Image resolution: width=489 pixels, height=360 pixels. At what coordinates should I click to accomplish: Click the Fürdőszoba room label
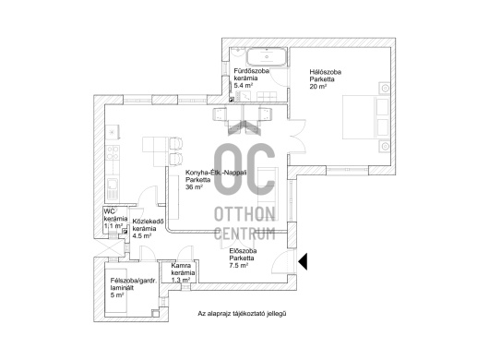coord(251,71)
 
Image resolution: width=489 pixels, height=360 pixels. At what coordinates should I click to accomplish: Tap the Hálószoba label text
coord(326,72)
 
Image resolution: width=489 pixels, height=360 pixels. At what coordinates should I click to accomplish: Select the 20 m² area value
coord(318,87)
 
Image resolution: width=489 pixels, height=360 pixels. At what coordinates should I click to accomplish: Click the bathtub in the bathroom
coord(267,57)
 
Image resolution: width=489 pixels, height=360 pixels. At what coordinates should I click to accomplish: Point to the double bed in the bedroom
coord(366,117)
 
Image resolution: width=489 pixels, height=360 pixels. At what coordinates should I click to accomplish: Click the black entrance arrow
coord(303,261)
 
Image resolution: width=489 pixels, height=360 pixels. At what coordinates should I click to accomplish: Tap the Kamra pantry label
coord(181,266)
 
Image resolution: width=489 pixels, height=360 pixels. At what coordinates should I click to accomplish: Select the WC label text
coord(109,210)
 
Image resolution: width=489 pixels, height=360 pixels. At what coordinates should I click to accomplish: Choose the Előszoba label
coord(243,251)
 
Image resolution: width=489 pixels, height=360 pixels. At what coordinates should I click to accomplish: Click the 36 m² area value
coord(194,187)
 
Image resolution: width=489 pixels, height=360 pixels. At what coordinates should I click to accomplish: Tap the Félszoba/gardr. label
coord(134,281)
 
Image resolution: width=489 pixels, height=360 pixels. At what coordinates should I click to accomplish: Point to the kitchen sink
coord(113,188)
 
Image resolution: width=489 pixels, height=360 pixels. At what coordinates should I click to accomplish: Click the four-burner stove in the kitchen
coord(113,153)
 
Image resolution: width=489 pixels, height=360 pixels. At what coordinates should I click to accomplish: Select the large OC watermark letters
coord(244,169)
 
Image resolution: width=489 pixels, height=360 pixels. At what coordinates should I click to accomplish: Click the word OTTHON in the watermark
coord(244,214)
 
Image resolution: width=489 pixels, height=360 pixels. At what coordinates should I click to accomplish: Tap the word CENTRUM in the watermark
coord(244,234)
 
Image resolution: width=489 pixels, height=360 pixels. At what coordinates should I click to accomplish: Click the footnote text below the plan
coord(242,314)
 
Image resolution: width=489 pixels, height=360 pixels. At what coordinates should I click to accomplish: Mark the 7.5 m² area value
coord(239,266)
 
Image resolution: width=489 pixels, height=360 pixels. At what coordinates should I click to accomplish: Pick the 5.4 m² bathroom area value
coord(244,86)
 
